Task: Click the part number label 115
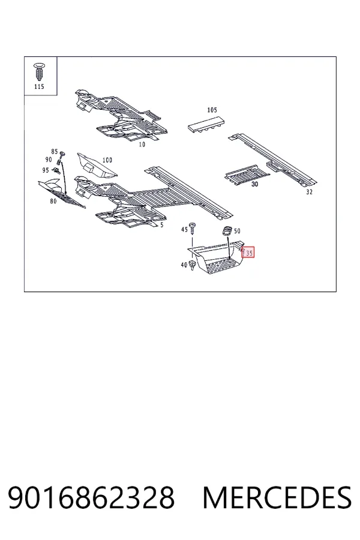coord(39,86)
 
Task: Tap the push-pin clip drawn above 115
coord(39,71)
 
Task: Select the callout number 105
coord(212,110)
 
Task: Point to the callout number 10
coord(142,145)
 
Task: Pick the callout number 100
coord(107,160)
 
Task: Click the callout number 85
coord(55,152)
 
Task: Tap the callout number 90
coord(49,160)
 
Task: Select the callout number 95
coord(46,170)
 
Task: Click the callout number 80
coord(53,201)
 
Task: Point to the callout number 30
coord(254,184)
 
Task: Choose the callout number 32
coord(310,192)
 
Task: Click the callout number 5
coord(162,225)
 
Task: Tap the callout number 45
coord(185,229)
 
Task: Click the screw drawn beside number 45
coord(193,229)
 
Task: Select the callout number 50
coord(237,231)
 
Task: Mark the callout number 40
coord(184,265)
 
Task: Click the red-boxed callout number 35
coord(248,253)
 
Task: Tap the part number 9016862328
coord(91,497)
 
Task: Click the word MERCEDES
coord(277,497)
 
